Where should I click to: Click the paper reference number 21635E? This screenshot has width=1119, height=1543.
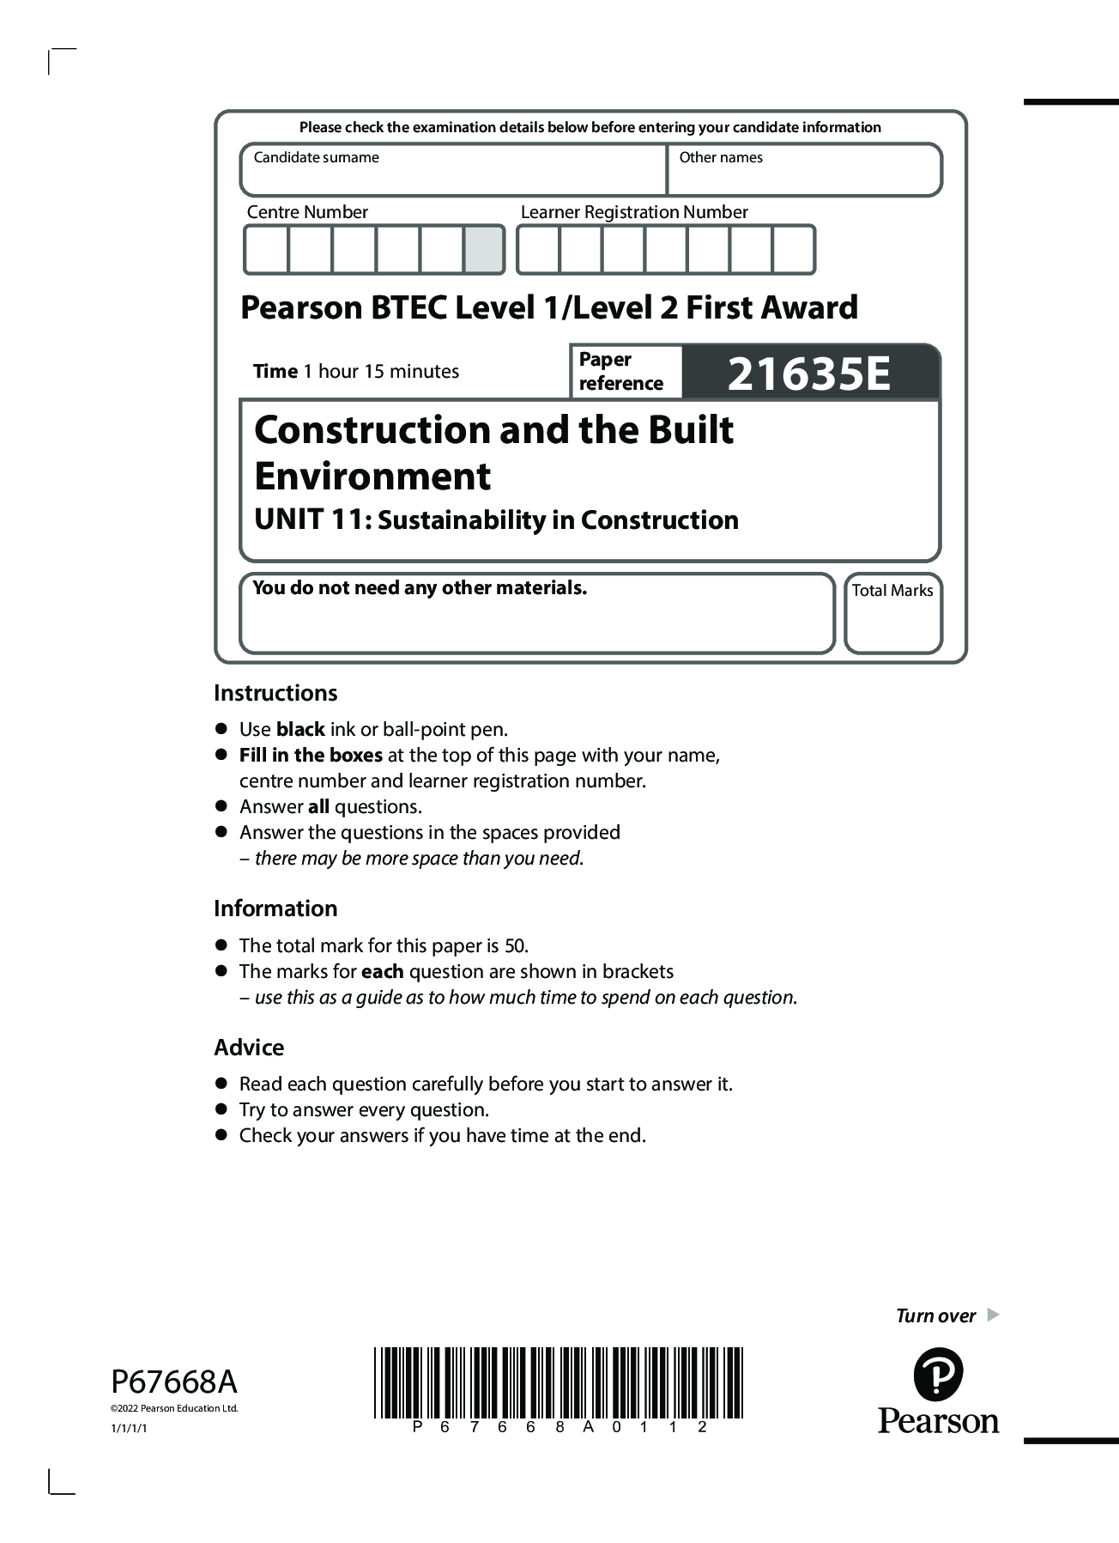click(809, 374)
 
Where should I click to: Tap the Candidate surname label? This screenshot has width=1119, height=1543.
click(316, 157)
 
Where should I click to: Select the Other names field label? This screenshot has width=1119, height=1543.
click(720, 157)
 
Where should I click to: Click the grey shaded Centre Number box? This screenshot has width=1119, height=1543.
click(484, 250)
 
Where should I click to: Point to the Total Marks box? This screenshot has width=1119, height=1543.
click(892, 613)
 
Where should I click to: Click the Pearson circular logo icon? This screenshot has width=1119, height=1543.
click(938, 1374)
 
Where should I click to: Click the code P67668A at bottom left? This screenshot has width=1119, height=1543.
click(174, 1382)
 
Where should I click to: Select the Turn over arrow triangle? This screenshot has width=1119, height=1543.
click(993, 1315)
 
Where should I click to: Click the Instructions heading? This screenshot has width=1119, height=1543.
click(275, 693)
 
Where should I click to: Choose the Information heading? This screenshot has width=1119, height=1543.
click(275, 908)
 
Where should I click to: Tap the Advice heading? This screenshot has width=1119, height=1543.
click(249, 1048)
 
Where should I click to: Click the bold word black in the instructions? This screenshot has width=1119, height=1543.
click(299, 730)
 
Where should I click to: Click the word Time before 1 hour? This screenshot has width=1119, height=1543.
click(275, 372)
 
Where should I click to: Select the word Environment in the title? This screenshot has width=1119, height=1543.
click(372, 477)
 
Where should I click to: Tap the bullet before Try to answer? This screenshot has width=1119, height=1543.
click(221, 1109)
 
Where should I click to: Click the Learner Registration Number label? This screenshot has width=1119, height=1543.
click(634, 212)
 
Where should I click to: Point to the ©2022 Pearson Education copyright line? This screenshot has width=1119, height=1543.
click(174, 1408)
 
